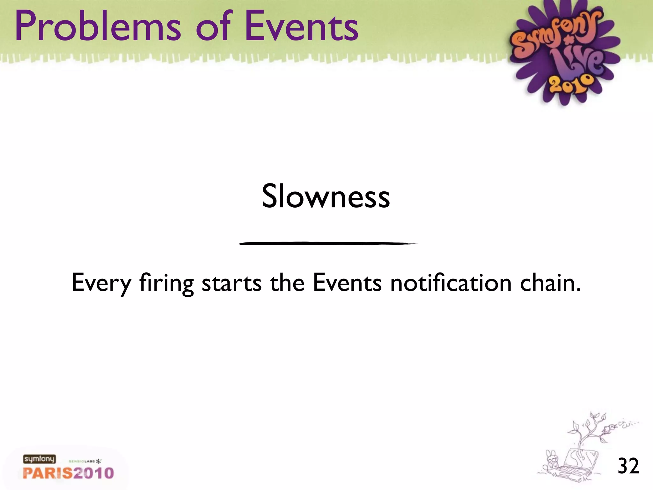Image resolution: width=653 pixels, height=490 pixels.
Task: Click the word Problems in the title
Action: (98, 26)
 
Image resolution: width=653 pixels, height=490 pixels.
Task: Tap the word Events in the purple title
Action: (301, 26)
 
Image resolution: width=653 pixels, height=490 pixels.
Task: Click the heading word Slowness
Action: (326, 196)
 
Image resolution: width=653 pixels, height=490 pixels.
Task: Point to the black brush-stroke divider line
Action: (328, 243)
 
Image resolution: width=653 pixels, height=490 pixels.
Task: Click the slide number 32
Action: (628, 466)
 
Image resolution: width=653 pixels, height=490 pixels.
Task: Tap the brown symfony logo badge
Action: (39, 459)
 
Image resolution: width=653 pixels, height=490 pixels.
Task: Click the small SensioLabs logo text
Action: (85, 461)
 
